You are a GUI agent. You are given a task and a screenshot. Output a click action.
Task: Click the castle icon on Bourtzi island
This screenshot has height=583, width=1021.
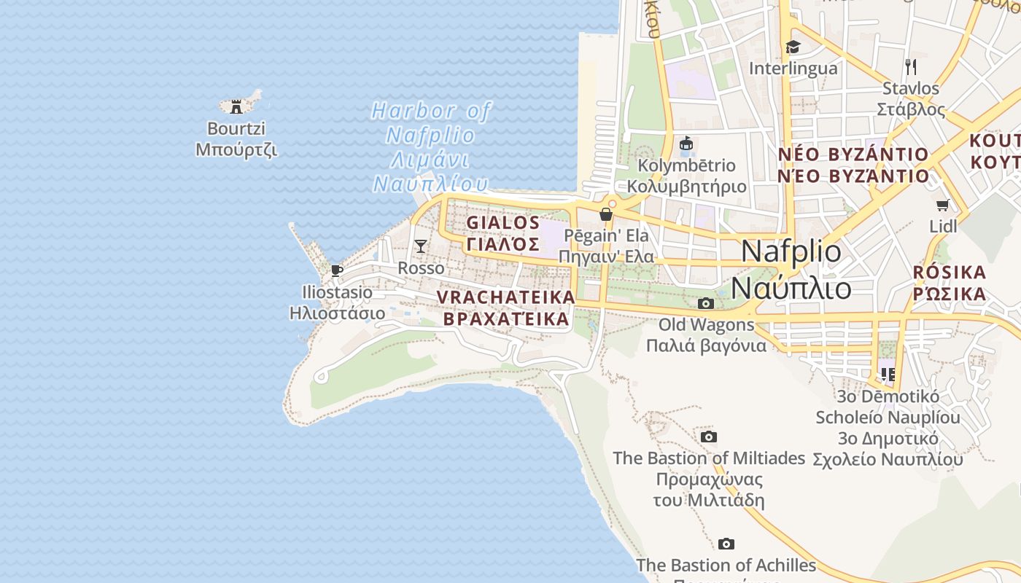(236, 106)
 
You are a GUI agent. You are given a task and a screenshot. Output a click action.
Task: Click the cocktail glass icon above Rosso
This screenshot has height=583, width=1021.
(421, 246)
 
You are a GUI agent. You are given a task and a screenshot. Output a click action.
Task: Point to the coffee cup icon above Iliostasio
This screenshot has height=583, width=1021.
(337, 270)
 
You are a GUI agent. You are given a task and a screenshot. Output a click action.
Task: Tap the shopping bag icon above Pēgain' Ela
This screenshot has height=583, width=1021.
(605, 214)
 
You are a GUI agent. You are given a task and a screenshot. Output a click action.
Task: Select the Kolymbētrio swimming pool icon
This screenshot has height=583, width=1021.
(686, 144)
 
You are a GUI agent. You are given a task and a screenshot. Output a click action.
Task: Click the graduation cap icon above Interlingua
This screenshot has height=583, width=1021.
(793, 47)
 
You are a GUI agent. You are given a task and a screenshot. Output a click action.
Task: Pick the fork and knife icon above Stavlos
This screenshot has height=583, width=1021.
(910, 67)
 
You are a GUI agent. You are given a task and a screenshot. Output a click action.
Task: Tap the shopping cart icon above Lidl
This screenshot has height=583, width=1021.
(943, 206)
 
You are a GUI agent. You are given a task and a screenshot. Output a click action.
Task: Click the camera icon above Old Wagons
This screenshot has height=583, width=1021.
(705, 303)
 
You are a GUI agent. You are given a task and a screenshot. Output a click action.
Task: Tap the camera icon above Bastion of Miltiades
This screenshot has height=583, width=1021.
(708, 437)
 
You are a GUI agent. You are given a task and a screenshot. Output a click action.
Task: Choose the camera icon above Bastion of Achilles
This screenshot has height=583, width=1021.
(726, 544)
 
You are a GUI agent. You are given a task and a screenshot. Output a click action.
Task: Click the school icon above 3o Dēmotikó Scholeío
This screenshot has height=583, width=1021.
(888, 375)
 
